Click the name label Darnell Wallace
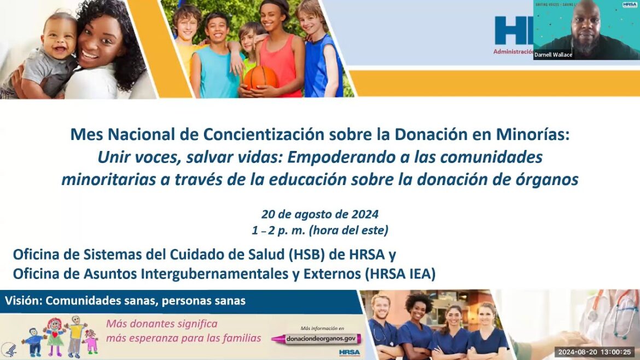[x=553, y=55]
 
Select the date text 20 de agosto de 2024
[x=319, y=214]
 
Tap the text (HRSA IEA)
[x=400, y=273]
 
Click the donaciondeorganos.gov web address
[x=317, y=339]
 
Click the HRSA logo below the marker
[x=349, y=352]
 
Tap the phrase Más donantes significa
[x=162, y=323]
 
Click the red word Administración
[x=513, y=51]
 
